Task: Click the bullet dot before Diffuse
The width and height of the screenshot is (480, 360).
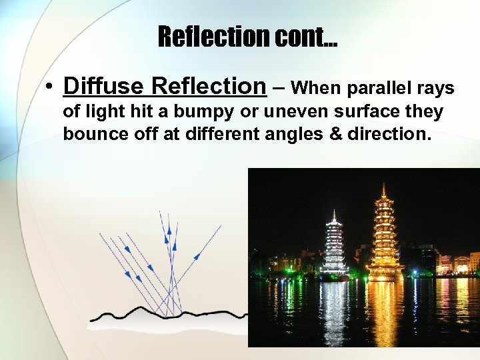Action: pyautogui.click(x=50, y=87)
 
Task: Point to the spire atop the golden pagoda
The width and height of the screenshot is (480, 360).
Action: pyautogui.click(x=383, y=191)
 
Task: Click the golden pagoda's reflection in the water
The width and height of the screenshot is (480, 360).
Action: pyautogui.click(x=384, y=310)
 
